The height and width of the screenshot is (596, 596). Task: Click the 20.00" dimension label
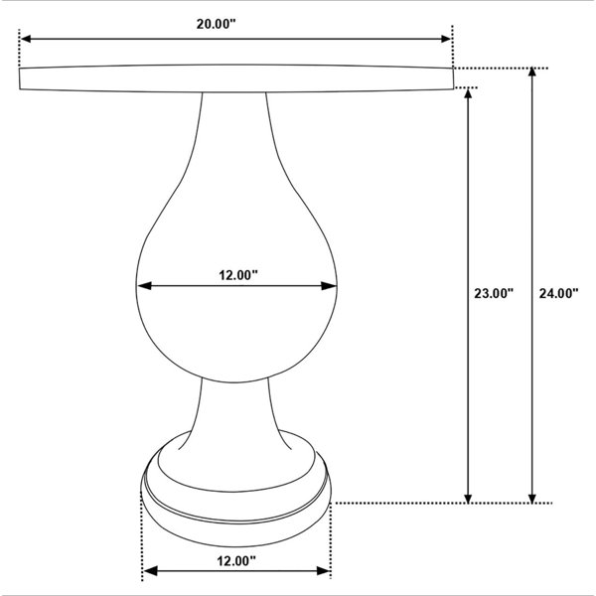(217, 24)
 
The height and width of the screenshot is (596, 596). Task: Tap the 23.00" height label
(494, 293)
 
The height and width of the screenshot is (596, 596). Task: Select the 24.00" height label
(558, 293)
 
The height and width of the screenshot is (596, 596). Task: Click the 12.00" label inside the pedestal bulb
(238, 275)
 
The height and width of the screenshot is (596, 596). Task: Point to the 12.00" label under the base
(236, 560)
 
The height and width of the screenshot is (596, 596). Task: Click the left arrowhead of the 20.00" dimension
(26, 39)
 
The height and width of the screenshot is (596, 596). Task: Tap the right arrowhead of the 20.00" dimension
(445, 39)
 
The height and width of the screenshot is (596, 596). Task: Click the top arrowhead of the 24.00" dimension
(532, 73)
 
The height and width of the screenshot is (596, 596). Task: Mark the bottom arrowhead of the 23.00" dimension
(468, 498)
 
